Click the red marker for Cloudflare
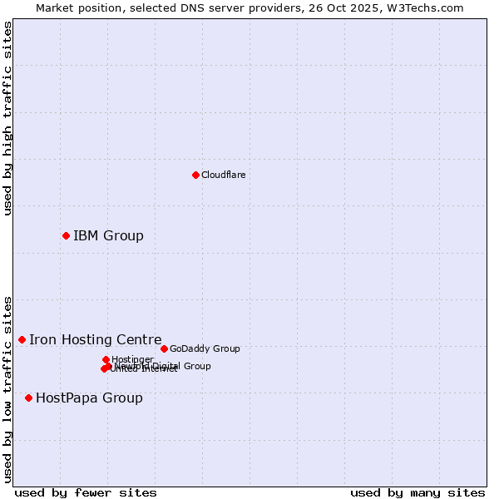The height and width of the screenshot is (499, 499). [195, 175]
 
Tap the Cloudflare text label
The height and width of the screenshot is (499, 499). [223, 175]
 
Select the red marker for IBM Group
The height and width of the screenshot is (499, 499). [66, 235]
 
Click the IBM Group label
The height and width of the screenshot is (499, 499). [108, 236]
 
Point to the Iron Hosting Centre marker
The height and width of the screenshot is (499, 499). [22, 339]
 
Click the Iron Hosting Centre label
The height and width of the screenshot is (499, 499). [96, 340]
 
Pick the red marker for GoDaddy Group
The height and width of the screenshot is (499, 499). [164, 348]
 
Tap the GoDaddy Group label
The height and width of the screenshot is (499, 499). [205, 349]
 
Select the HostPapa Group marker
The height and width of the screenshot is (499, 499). [28, 398]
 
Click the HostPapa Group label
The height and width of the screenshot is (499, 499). [89, 398]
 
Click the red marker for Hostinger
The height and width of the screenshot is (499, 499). [106, 359]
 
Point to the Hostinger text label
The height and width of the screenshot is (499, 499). [132, 359]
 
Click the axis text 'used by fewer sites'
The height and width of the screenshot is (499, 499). [86, 492]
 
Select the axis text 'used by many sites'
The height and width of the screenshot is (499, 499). [417, 492]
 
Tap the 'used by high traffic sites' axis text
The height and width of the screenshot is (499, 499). [8, 118]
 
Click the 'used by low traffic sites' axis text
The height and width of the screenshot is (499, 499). [8, 388]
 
